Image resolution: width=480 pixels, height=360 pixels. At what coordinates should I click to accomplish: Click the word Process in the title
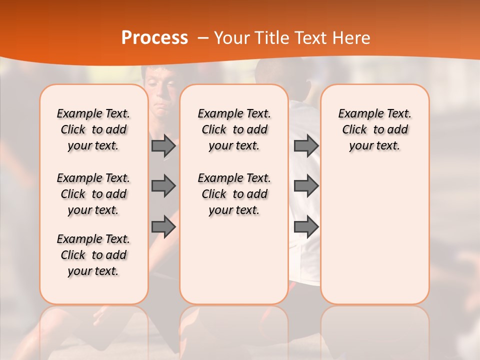pyautogui.click(x=154, y=37)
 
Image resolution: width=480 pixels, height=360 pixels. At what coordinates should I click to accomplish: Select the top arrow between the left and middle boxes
pyautogui.click(x=163, y=146)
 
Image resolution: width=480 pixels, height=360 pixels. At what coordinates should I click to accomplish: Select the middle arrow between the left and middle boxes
pyautogui.click(x=163, y=186)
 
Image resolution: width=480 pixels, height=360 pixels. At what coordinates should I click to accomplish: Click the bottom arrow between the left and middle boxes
pyautogui.click(x=163, y=227)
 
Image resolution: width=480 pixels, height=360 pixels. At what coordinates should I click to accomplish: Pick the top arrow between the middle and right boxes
pyautogui.click(x=306, y=146)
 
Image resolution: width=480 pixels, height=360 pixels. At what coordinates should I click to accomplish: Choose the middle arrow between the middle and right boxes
pyautogui.click(x=306, y=186)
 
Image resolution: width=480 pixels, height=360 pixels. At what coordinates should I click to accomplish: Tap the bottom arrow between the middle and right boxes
pyautogui.click(x=306, y=227)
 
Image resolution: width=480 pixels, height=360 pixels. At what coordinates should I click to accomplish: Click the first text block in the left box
pyautogui.click(x=93, y=129)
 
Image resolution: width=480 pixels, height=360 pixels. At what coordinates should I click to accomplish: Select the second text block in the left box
pyautogui.click(x=93, y=194)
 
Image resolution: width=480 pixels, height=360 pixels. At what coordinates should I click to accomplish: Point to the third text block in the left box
pyautogui.click(x=93, y=255)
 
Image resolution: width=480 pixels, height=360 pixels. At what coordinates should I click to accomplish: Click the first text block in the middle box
pyautogui.click(x=234, y=129)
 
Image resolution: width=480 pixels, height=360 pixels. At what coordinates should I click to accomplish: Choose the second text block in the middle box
pyautogui.click(x=234, y=194)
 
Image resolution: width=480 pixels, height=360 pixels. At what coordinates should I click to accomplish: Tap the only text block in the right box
pyautogui.click(x=374, y=129)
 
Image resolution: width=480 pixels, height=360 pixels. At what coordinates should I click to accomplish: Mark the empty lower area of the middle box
pyautogui.click(x=234, y=260)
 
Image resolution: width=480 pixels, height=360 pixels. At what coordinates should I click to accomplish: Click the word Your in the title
pyautogui.click(x=229, y=37)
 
